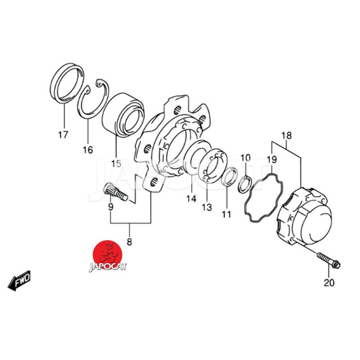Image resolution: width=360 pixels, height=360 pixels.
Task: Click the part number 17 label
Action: pyautogui.click(x=63, y=135)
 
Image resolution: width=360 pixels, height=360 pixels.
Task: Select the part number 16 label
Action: pyautogui.click(x=88, y=150)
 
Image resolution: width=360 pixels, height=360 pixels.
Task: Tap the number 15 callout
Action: pyautogui.click(x=116, y=164)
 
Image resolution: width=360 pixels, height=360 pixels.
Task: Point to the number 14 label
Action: pyautogui.click(x=191, y=198)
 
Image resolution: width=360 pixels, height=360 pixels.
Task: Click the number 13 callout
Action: pyautogui.click(x=207, y=207)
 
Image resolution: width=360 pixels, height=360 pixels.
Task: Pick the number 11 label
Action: pyautogui.click(x=226, y=215)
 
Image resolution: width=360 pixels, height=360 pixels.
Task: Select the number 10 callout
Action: pyautogui.click(x=245, y=158)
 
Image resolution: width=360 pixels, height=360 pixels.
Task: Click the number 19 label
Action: pyautogui.click(x=272, y=159)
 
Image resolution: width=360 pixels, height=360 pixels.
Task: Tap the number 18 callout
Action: pyautogui.click(x=287, y=135)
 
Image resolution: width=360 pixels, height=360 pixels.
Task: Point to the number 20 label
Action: pyautogui.click(x=329, y=283)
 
